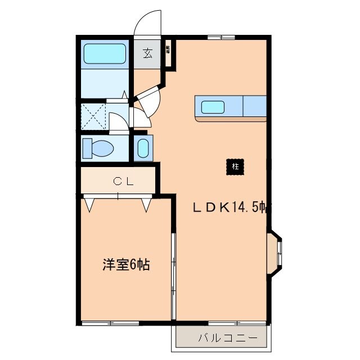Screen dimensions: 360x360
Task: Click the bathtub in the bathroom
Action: coord(105,54)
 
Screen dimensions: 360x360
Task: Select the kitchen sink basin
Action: coord(213,106)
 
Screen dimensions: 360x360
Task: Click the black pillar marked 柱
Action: coord(235,166)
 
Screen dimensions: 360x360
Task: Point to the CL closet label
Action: coord(123,181)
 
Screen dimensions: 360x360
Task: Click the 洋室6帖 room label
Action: coord(125,264)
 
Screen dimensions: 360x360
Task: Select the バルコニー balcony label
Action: coord(227,338)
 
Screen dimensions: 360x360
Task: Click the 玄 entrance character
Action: coord(147,53)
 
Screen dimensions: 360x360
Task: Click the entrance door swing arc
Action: coord(147,24)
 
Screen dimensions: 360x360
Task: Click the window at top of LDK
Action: coord(220,38)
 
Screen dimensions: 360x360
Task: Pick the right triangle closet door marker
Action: coord(147,204)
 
